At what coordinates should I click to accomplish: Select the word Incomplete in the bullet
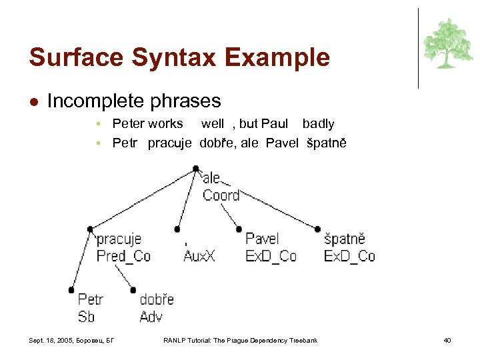tap(88, 101)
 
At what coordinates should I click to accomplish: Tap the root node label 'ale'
tap(211, 177)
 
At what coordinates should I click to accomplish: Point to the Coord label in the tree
tap(221, 195)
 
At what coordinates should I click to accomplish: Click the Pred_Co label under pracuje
tap(123, 256)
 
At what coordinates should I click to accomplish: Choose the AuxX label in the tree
tap(199, 256)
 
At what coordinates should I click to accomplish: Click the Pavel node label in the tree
tap(262, 239)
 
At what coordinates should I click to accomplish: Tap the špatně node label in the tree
tap(344, 239)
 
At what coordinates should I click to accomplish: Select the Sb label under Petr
tap(86, 316)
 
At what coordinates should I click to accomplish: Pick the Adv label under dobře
tap(151, 316)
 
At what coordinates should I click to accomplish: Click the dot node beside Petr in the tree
tap(71, 290)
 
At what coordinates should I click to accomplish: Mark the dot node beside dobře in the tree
tap(133, 290)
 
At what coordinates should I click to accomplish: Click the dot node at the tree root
tap(195, 169)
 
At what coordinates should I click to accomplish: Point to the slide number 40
tap(447, 341)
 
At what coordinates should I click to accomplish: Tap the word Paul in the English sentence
tap(275, 123)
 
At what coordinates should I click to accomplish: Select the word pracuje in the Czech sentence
tap(170, 143)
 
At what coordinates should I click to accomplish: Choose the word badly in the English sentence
tap(318, 123)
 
